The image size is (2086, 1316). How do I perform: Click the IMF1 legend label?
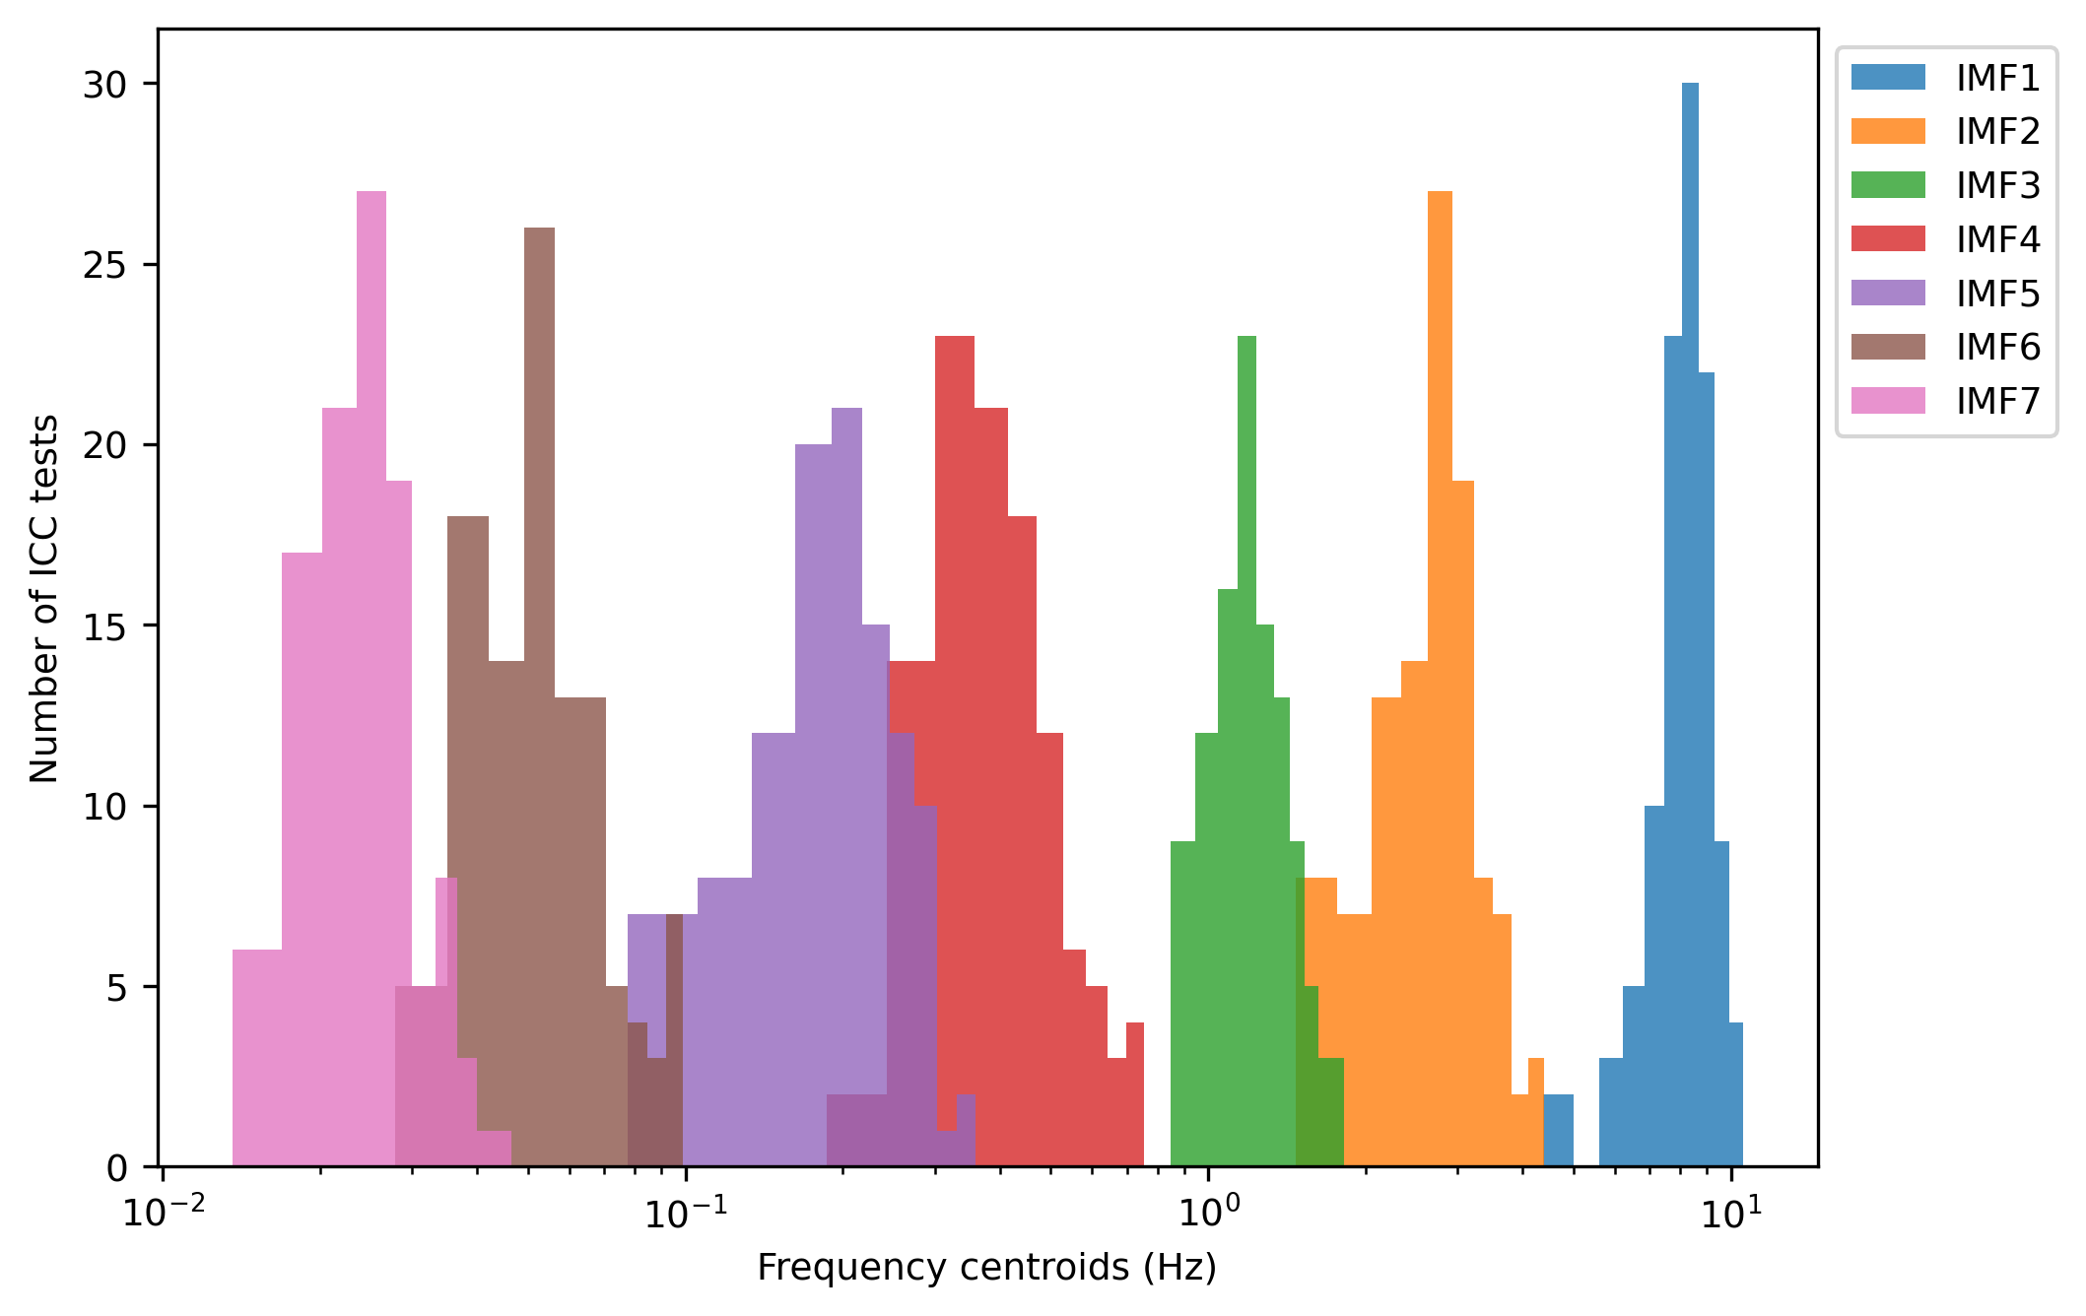tap(1997, 78)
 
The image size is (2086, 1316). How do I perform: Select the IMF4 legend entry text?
tap(1997, 239)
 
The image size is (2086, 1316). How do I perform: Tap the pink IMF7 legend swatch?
tap(1887, 401)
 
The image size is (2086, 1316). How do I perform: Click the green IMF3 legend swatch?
tap(1887, 185)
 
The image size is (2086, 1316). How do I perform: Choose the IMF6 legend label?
tap(1997, 347)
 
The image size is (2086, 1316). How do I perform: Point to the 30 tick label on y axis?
tap(104, 85)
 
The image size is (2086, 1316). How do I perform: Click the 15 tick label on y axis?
tap(104, 626)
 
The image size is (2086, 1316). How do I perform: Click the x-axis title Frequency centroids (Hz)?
tap(986, 1268)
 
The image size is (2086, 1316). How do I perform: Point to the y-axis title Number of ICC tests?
tap(44, 598)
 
